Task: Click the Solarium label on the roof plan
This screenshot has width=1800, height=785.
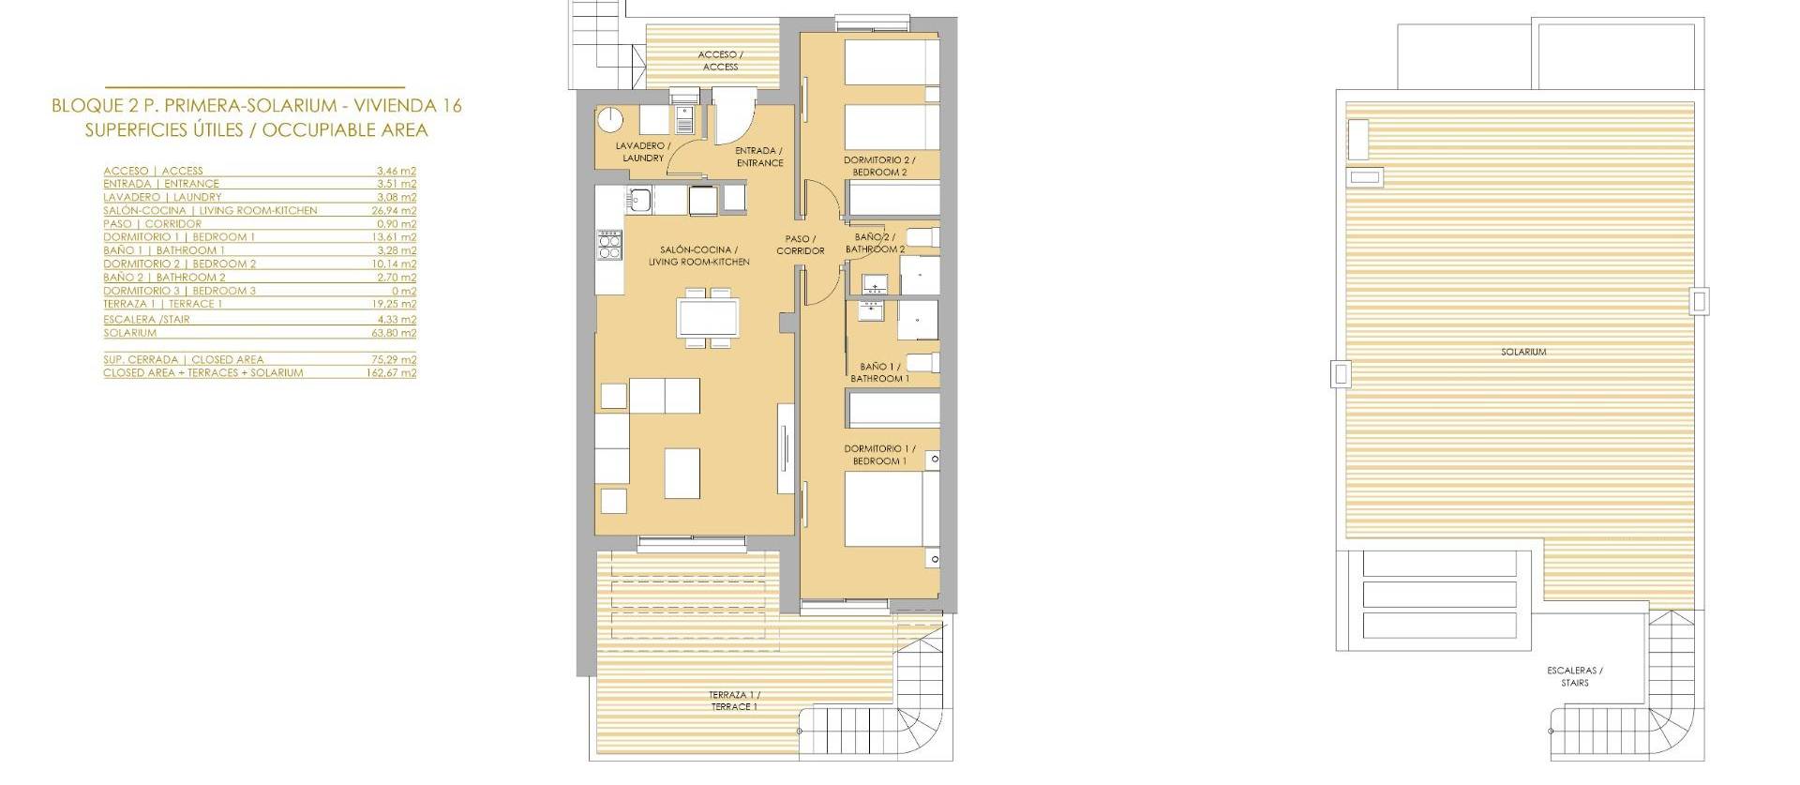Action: point(1522,352)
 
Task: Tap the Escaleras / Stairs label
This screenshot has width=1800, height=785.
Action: point(1574,676)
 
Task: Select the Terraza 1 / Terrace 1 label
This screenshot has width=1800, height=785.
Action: point(734,701)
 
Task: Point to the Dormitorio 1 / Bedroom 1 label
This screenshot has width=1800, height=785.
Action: point(878,455)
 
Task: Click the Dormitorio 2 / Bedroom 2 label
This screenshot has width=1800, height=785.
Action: point(878,166)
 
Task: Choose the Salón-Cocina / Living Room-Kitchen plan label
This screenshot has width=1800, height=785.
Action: point(698,256)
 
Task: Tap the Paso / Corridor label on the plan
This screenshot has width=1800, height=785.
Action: point(800,245)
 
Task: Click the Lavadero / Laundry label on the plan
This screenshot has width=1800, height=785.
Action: point(642,152)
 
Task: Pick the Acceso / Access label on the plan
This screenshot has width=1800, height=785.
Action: point(720,61)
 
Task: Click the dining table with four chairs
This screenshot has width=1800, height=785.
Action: point(708,319)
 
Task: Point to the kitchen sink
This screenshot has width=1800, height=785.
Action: point(642,199)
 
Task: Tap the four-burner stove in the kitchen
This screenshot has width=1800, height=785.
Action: point(609,246)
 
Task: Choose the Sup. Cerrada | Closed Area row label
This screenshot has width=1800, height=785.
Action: point(184,359)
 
